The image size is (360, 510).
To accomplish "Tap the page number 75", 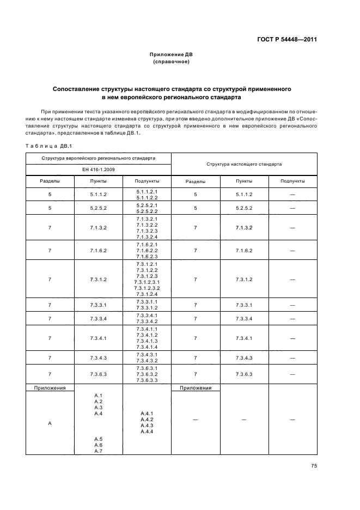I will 314,465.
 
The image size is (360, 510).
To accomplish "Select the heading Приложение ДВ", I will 171,55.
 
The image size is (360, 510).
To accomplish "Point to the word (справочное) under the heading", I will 171,62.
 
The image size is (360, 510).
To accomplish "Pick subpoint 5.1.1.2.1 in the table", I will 147,191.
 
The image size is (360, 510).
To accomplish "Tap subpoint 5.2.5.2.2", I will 147,211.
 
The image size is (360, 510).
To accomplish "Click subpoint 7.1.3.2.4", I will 147,237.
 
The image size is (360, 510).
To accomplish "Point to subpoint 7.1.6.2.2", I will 147,251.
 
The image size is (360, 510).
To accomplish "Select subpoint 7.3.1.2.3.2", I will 147,288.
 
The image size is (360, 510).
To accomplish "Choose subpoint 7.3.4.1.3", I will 147,341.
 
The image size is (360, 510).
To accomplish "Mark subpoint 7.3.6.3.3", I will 147,380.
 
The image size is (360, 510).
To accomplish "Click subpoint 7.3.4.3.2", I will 147,361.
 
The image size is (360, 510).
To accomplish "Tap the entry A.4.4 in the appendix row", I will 147,432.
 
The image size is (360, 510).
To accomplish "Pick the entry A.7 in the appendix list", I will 98,451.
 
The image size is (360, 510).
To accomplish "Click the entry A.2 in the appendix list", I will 98,401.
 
